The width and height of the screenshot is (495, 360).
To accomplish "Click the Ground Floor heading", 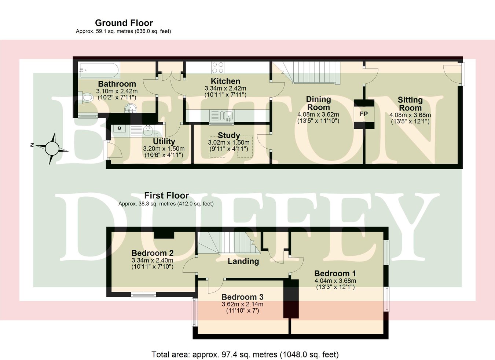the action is pyautogui.click(x=124, y=23).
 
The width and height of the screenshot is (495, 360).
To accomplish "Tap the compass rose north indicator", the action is pyautogui.click(x=52, y=148).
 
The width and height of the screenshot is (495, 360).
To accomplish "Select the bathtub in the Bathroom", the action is pyautogui.click(x=99, y=70).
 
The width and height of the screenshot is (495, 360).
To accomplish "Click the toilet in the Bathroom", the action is pyautogui.click(x=87, y=98).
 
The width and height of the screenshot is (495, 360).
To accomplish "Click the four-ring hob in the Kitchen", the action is pyautogui.click(x=218, y=68).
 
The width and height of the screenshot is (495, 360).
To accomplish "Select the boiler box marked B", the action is pyautogui.click(x=120, y=128).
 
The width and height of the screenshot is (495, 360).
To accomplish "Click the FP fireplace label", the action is pyautogui.click(x=364, y=114).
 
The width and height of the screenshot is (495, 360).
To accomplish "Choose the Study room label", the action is pyautogui.click(x=229, y=135).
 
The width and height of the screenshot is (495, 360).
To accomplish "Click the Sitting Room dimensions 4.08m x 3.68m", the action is pyautogui.click(x=410, y=115).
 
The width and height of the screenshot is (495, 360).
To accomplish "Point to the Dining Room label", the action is pyautogui.click(x=318, y=103).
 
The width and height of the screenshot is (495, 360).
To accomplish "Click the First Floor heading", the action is pyautogui.click(x=166, y=196).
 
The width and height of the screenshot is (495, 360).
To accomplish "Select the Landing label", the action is pyautogui.click(x=243, y=261).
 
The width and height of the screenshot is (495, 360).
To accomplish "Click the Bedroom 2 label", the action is pyautogui.click(x=153, y=253).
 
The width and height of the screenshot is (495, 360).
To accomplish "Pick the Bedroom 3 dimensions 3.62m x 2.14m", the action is pyautogui.click(x=243, y=304).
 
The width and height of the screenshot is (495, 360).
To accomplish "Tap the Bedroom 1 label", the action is pyautogui.click(x=335, y=273).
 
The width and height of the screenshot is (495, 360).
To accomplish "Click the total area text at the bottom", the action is pyautogui.click(x=245, y=354).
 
